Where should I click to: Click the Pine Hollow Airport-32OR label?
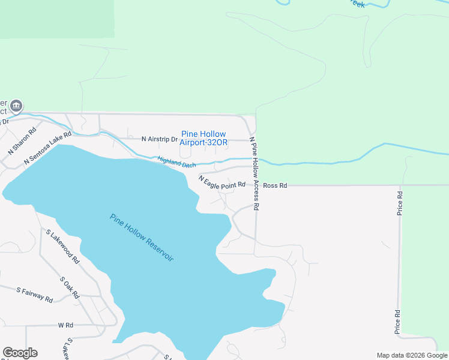[203, 138]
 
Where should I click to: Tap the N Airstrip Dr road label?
[160, 139]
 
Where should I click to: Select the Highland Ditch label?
[176, 162]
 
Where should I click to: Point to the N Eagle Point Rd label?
[222, 182]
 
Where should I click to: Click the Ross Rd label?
[275, 186]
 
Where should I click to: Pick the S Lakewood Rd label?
[62, 247]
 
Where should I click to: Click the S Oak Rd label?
[70, 287]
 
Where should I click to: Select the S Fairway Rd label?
[35, 295]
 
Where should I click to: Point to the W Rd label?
[65, 325]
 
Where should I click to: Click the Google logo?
[20, 353]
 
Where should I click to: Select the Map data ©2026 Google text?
[411, 355]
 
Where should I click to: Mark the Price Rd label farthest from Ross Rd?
[397, 322]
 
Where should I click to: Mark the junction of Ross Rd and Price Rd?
[400, 185]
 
